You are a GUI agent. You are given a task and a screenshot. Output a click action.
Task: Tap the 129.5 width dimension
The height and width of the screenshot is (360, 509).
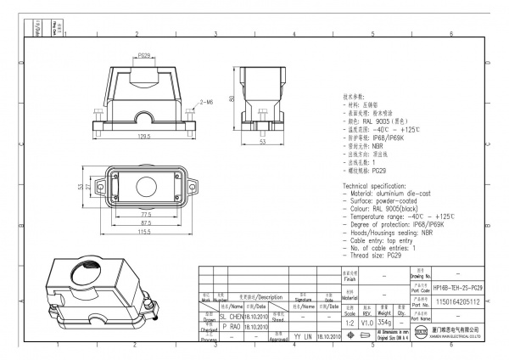pos(143,136)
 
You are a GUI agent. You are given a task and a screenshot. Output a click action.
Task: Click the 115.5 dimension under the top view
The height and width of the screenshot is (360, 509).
pos(144,232)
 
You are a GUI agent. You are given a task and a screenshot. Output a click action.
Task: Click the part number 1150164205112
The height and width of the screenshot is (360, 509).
pos(458,301)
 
